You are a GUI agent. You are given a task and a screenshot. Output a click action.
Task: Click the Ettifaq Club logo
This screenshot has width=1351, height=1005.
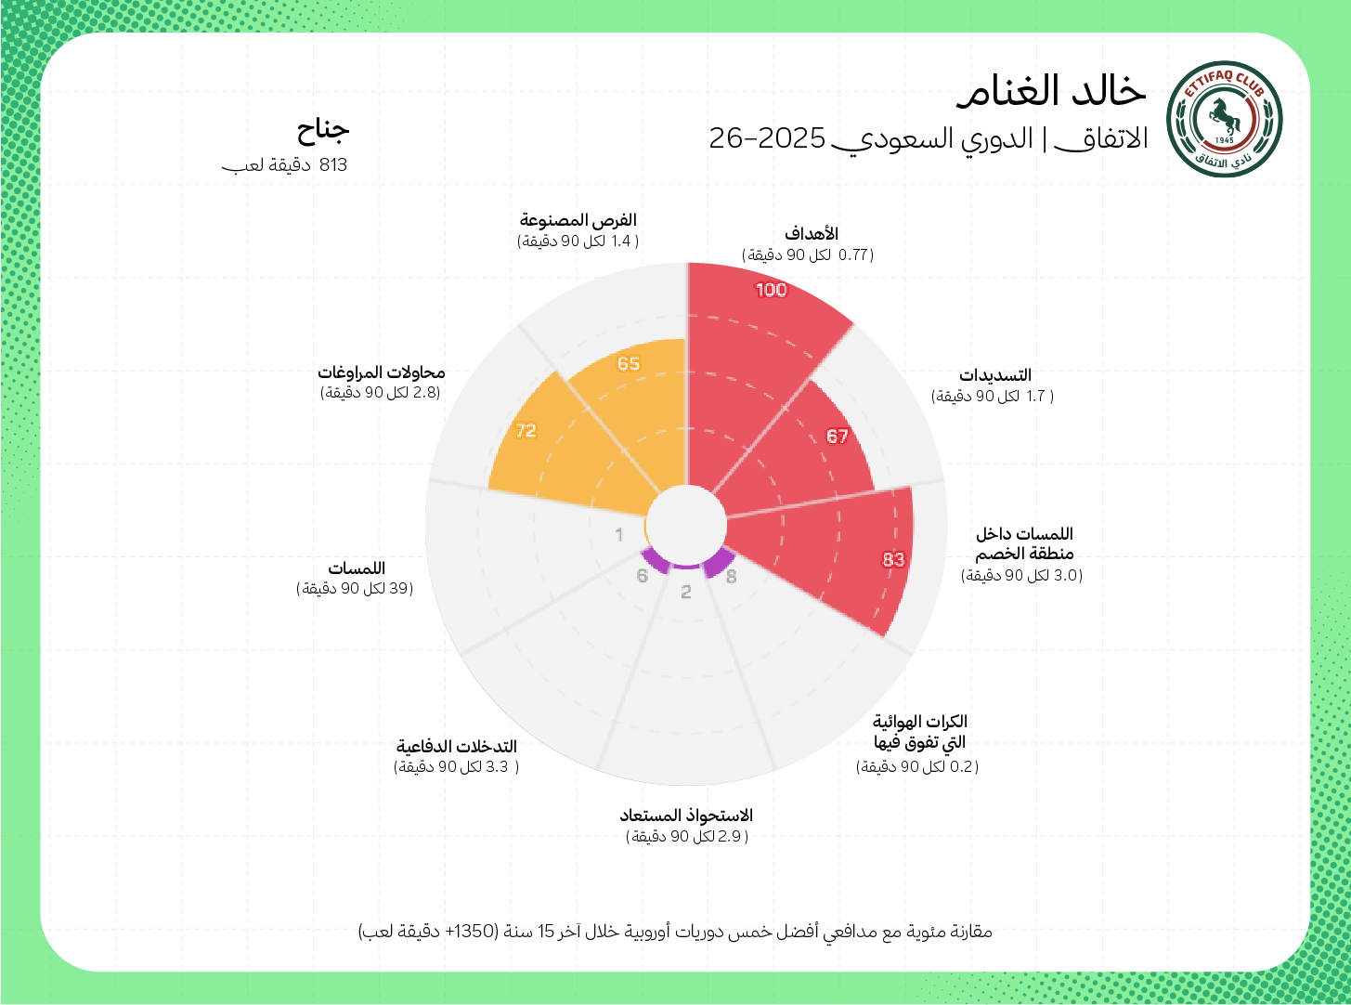click(x=1224, y=119)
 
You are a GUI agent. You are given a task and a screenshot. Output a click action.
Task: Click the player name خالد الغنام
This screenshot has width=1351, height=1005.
click(x=1051, y=90)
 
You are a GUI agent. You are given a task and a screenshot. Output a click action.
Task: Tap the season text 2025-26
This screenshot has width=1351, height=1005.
click(x=767, y=138)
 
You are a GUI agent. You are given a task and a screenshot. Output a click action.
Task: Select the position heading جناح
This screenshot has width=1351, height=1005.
click(x=323, y=129)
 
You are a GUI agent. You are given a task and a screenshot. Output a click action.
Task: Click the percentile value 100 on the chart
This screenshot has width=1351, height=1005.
click(x=771, y=290)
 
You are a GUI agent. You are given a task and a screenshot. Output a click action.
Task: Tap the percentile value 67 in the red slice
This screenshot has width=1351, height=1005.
click(x=837, y=437)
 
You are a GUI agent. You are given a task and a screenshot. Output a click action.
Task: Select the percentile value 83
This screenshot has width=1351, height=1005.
click(x=893, y=559)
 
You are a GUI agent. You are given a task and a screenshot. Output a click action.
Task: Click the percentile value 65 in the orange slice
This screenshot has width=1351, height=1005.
click(x=629, y=363)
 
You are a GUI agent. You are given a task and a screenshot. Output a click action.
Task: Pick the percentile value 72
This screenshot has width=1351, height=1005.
click(x=526, y=430)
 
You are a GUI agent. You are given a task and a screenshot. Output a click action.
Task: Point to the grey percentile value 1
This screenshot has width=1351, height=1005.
click(x=619, y=534)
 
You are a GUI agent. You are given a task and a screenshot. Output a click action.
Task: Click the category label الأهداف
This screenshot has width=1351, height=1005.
click(x=811, y=234)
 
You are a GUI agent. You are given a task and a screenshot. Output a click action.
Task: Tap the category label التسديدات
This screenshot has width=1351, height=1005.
click(x=995, y=375)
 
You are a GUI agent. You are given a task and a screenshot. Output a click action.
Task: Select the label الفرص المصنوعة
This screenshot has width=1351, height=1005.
click(x=578, y=220)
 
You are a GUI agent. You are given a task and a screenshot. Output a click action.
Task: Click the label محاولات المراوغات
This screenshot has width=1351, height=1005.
click(x=382, y=372)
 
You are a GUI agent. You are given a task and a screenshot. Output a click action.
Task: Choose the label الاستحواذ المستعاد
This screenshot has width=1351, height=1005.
click(x=686, y=816)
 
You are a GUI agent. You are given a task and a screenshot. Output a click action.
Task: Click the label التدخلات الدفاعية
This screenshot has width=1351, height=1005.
click(x=456, y=747)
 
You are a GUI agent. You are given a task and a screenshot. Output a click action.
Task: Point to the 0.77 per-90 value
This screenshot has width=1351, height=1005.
click(x=852, y=255)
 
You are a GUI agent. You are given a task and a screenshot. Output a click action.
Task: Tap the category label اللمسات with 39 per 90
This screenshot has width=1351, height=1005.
click(x=357, y=568)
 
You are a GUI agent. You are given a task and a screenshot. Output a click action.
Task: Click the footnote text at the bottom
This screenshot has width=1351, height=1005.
click(x=675, y=931)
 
